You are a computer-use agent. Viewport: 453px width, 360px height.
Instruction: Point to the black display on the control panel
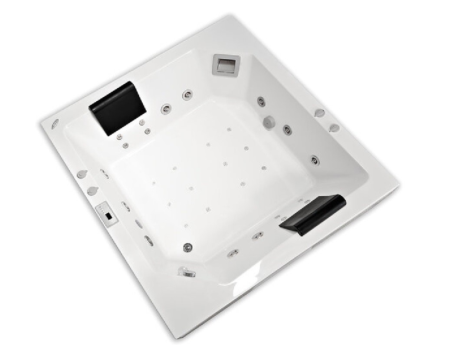coord(109,215)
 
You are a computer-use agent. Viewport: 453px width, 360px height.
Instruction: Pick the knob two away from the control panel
coord(81,175)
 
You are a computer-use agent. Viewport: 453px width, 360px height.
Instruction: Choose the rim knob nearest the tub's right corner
coord(334,128)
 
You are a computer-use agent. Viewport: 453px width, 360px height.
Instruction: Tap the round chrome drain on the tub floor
coord(188,247)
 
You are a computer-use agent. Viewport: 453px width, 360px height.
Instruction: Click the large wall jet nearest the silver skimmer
coord(261,101)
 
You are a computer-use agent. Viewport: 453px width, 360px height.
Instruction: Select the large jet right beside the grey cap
coord(286,129)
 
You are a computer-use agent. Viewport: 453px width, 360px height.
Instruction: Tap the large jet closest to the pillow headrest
coord(166,109)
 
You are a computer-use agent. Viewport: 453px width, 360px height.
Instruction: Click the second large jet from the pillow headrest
coord(188,94)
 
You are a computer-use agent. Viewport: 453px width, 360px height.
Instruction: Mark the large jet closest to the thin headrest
coord(257,236)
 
